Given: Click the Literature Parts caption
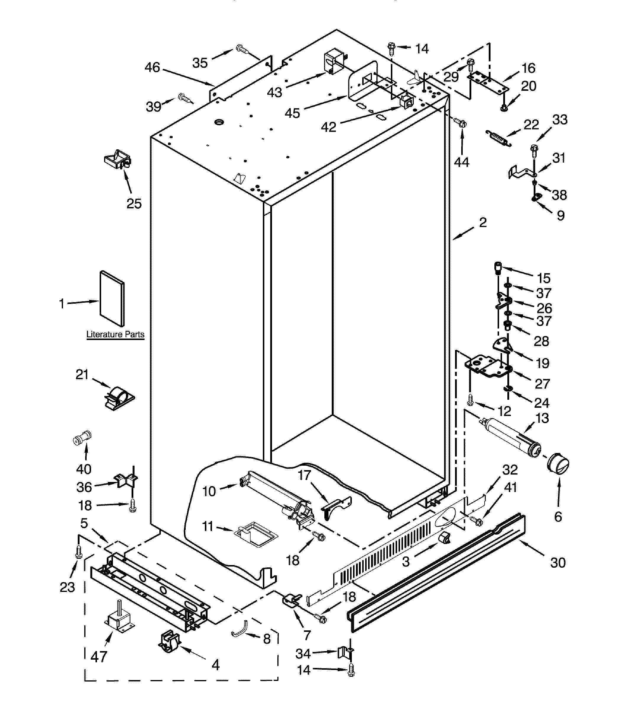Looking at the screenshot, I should click(x=115, y=334).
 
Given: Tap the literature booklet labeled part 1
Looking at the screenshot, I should click(x=112, y=299).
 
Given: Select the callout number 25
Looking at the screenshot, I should click(x=134, y=204).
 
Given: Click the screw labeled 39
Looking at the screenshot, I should click(x=184, y=98).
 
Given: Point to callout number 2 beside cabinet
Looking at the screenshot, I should click(x=483, y=223).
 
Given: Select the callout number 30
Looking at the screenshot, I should click(x=558, y=563).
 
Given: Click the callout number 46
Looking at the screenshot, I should click(x=152, y=67).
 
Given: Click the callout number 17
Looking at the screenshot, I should click(x=304, y=475).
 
